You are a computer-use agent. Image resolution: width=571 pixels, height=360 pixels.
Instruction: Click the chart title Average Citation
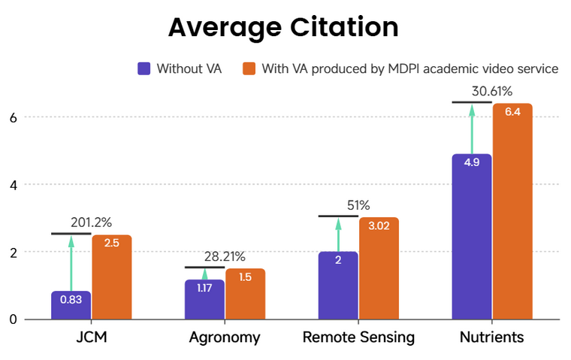282,28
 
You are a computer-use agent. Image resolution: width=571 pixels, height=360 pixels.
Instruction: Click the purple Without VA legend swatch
144,68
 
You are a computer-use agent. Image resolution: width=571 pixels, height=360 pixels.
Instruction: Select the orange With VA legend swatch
249,68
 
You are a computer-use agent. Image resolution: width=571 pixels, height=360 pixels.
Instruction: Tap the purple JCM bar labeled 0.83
71,304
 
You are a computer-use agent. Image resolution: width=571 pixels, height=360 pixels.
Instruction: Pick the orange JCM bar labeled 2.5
112,277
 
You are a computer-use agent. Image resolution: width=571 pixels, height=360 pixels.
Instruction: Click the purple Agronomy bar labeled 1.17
204,299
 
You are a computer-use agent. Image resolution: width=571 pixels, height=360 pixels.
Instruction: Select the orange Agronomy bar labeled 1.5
246,293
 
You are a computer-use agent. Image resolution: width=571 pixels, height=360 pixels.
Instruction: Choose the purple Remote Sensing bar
338,285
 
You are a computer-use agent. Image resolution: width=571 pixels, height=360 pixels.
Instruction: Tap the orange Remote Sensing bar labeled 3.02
379,268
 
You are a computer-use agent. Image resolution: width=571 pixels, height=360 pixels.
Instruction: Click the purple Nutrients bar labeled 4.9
472,236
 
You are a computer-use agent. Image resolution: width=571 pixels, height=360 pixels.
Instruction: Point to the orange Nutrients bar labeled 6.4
512,210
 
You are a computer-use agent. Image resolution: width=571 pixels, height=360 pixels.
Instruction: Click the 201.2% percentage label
91,222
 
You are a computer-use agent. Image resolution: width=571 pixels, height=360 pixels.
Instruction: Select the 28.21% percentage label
224,256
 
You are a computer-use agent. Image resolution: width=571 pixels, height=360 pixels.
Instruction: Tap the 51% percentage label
358,205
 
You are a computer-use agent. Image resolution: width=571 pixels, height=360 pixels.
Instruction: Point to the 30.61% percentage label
492,92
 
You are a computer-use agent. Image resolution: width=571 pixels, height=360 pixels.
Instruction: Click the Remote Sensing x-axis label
358,337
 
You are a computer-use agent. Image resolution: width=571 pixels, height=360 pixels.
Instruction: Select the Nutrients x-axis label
491,337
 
